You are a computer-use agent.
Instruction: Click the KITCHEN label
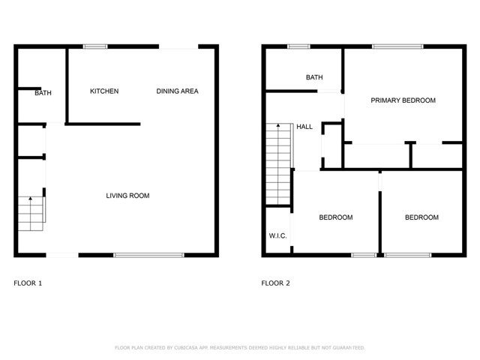click(x=104, y=91)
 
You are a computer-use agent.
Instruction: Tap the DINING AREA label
click(x=177, y=91)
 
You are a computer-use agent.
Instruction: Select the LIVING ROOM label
click(x=127, y=196)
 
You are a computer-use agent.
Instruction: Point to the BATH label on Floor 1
click(x=43, y=93)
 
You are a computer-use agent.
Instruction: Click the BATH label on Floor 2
click(x=314, y=77)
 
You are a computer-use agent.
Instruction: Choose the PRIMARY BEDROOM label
click(x=403, y=100)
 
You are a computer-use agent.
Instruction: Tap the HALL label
click(x=304, y=127)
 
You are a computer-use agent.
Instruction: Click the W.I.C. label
click(x=278, y=235)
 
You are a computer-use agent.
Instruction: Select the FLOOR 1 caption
click(x=28, y=283)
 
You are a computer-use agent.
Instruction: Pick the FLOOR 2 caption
click(x=275, y=283)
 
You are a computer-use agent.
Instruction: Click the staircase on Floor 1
click(x=31, y=214)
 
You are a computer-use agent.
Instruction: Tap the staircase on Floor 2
click(x=278, y=163)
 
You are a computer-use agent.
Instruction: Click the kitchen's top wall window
click(x=95, y=46)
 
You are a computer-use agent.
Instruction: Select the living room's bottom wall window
click(x=148, y=255)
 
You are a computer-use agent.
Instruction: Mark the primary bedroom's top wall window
click(x=397, y=46)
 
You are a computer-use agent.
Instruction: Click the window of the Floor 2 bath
click(x=298, y=46)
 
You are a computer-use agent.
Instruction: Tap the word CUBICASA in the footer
click(x=186, y=348)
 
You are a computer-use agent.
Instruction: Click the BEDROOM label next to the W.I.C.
click(x=336, y=217)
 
